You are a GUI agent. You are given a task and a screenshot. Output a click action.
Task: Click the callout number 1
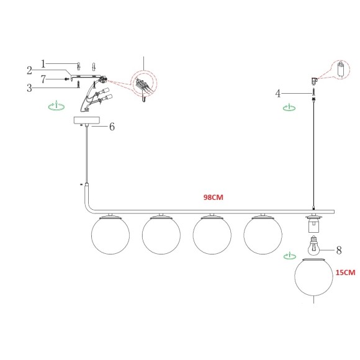point(43,64)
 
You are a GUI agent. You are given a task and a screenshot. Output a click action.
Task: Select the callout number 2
point(29,71)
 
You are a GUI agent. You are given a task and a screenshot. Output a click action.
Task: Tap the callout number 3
point(29,88)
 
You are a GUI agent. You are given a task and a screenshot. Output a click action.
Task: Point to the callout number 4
point(278,94)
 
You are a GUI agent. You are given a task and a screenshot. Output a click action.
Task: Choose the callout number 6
point(112,127)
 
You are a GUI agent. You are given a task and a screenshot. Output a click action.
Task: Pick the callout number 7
point(43,79)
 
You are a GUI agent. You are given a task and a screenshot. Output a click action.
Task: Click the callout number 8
point(339,250)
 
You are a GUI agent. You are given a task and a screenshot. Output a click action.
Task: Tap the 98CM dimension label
point(214,197)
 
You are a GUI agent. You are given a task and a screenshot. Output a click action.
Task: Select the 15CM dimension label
point(345,272)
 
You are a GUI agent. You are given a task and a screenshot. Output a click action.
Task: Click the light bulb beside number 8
point(314,246)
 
